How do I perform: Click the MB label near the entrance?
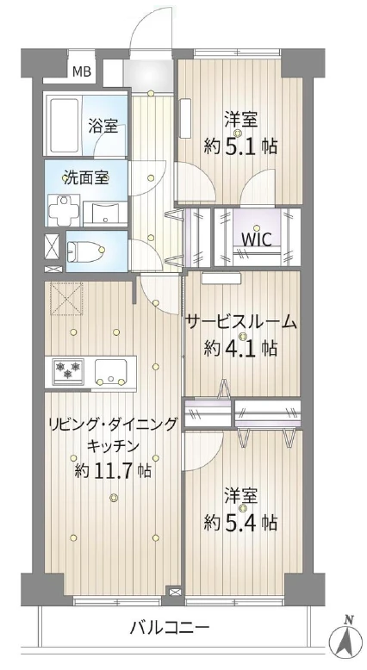tap(81, 71)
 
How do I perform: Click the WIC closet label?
tap(257, 239)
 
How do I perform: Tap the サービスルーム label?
tap(241, 323)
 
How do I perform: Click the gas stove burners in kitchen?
tap(68, 370)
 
